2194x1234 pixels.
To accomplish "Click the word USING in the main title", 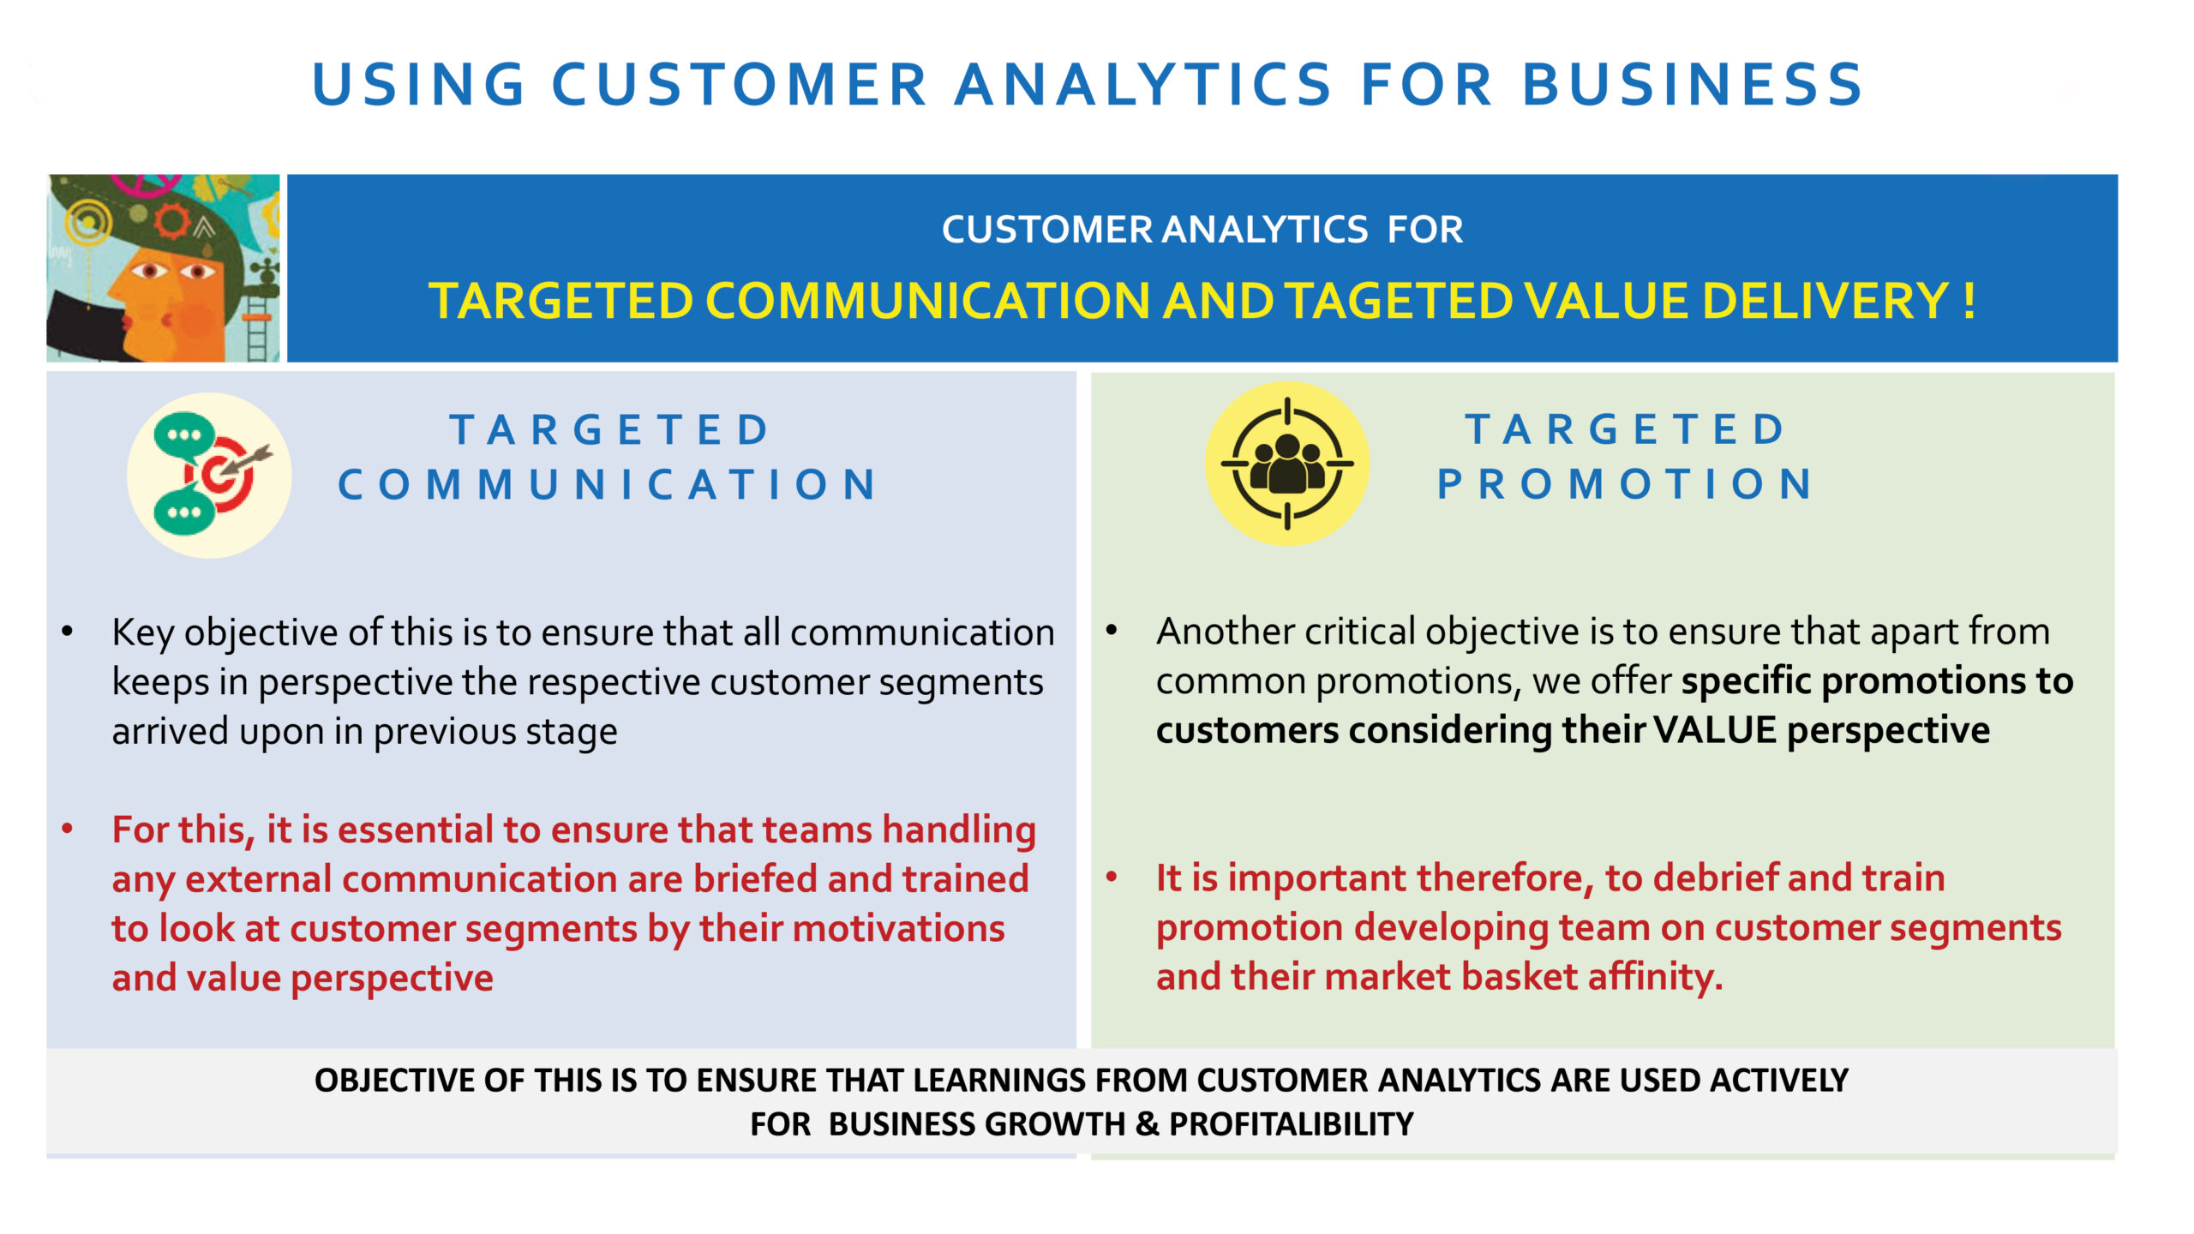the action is coord(418,85).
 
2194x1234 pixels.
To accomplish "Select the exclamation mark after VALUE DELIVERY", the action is coord(1969,301).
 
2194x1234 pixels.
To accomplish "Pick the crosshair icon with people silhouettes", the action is coord(1287,464).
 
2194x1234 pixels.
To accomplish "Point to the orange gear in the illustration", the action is coord(171,221).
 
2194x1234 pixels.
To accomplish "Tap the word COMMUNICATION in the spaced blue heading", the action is coord(608,484).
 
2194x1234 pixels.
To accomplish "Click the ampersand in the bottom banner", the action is coord(1147,1124).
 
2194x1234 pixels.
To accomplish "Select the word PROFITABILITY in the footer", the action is coord(1292,1124).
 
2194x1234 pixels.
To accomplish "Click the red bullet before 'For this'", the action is coord(68,829).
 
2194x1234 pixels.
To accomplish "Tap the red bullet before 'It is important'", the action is coord(1112,877).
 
